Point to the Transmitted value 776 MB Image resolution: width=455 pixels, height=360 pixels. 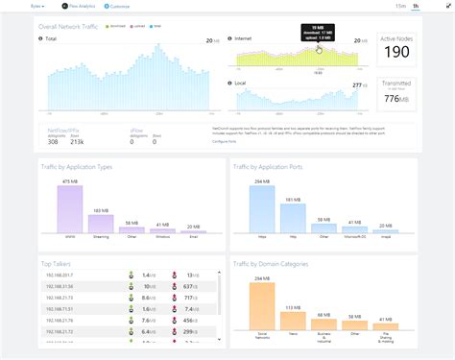tap(395, 98)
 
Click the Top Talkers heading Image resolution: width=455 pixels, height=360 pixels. tap(59, 262)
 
